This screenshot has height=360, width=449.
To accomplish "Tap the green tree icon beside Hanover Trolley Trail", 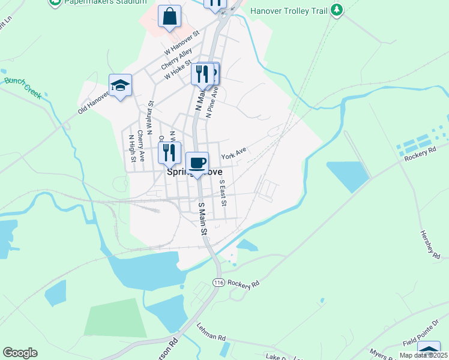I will coord(337,10).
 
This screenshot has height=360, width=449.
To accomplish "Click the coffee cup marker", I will coord(197,163).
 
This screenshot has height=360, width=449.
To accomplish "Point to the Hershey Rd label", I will coord(430,244).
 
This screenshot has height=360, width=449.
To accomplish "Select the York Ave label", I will coord(234,156).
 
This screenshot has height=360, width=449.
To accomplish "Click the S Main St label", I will coord(202,218).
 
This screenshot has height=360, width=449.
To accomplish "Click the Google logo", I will coord(20,353).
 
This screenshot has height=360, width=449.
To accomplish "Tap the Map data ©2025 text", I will coord(423,355).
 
